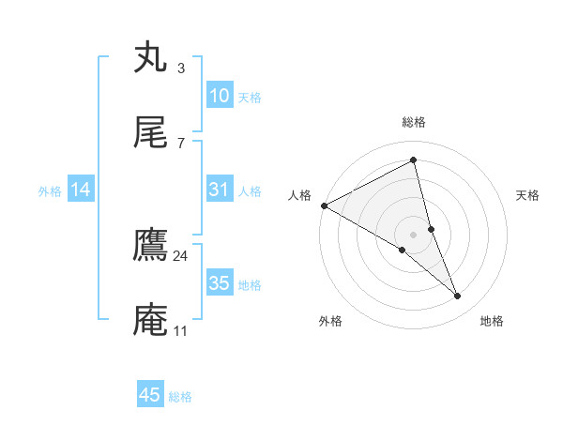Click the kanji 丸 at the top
(x=151, y=58)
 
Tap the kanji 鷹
(x=151, y=246)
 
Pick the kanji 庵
(x=151, y=320)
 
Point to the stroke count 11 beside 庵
(x=181, y=331)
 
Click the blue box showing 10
(x=219, y=96)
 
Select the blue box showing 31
(x=219, y=190)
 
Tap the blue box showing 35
(x=219, y=283)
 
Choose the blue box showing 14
(x=81, y=190)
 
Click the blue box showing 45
(x=150, y=395)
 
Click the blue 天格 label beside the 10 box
(x=250, y=98)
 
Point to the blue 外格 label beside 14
(x=50, y=191)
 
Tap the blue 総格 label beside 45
(x=180, y=397)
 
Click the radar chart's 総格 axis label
(x=414, y=122)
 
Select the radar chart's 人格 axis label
(x=299, y=195)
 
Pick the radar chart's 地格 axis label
(x=492, y=321)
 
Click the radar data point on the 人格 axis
(x=324, y=205)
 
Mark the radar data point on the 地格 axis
(x=458, y=297)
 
